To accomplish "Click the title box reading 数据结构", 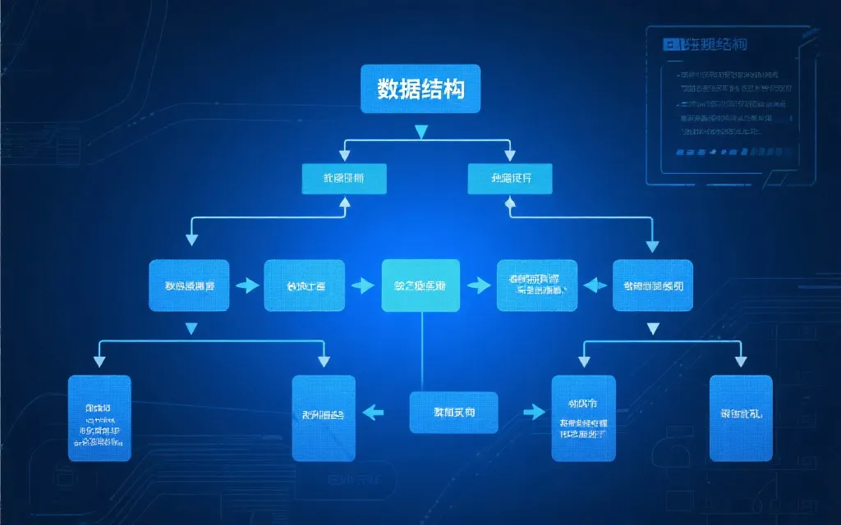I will (420, 89).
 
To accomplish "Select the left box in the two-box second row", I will (344, 179).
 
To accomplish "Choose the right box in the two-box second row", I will (510, 179).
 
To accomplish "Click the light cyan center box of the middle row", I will (420, 285).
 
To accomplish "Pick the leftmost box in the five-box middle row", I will (189, 285).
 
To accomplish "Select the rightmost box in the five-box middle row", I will (653, 285).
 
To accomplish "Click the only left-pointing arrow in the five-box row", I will (594, 285).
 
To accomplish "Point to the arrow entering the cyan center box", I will (362, 285).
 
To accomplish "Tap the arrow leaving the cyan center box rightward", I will (478, 285).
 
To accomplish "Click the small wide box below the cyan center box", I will (453, 412).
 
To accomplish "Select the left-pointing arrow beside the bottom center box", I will (374, 412).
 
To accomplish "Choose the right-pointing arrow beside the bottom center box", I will (534, 412).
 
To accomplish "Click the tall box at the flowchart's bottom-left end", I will (99, 418).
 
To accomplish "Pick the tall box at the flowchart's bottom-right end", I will (741, 418).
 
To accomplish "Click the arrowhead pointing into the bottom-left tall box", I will (99, 360).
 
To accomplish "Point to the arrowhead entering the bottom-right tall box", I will (741, 360).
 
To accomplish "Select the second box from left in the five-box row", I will (304, 285).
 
